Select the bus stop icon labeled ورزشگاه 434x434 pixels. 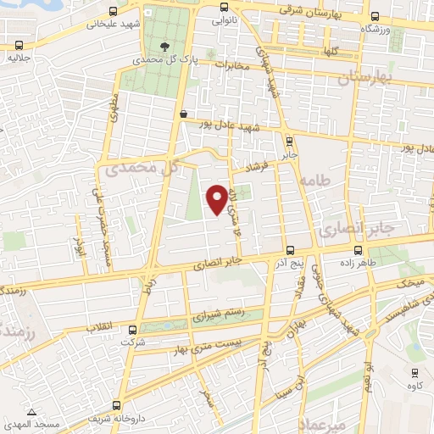pyautogui.click(x=374, y=18)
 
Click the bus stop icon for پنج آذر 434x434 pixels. pyautogui.click(x=291, y=250)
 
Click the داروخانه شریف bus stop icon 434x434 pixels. pyautogui.click(x=116, y=404)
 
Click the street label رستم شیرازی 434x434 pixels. pyautogui.click(x=218, y=314)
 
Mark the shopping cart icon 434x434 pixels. pyautogui.click(x=183, y=113)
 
